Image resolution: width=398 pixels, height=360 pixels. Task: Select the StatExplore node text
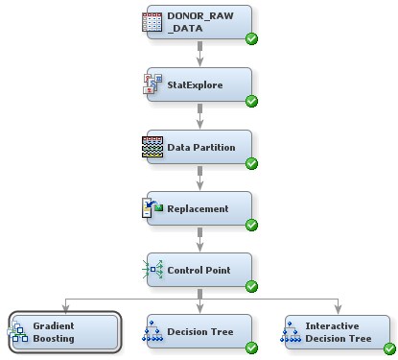(x=196, y=85)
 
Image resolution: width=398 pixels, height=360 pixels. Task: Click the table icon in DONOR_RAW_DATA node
(x=152, y=23)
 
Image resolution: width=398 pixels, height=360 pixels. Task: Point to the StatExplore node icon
(x=152, y=85)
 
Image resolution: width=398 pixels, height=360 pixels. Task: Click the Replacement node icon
(x=152, y=208)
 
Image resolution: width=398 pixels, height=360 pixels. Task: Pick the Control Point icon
(x=152, y=270)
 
